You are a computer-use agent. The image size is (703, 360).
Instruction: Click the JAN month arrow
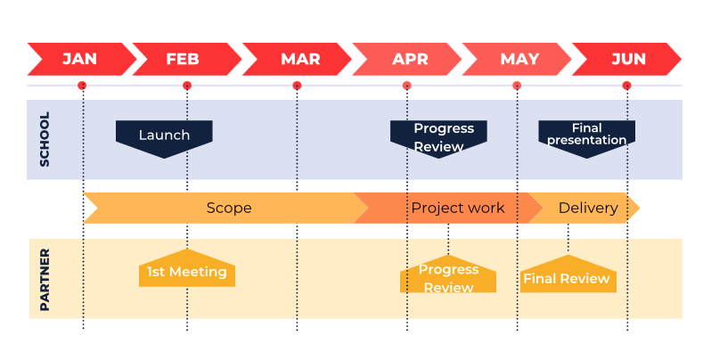(x=82, y=59)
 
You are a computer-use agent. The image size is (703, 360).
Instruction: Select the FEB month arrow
(x=187, y=59)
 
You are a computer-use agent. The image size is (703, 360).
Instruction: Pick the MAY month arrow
(x=517, y=59)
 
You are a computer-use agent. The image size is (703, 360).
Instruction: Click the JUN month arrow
(x=626, y=59)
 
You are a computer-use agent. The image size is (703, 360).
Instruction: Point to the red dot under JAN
(x=82, y=86)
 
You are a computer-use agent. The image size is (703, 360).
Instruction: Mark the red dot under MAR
(x=297, y=86)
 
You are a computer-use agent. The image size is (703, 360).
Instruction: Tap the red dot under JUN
(x=626, y=86)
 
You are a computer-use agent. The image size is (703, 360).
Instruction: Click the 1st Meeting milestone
(x=187, y=268)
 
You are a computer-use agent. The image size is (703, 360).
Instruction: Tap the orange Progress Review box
(x=448, y=274)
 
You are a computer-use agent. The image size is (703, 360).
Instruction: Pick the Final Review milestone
(x=568, y=274)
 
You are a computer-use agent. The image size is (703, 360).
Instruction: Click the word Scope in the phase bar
(x=229, y=208)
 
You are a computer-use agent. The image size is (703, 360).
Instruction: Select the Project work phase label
(x=458, y=208)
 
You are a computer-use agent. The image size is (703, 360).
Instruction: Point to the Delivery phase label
(x=588, y=208)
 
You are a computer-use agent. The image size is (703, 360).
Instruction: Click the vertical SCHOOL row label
(x=45, y=139)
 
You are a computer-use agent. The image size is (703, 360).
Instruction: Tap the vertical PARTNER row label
(x=45, y=280)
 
